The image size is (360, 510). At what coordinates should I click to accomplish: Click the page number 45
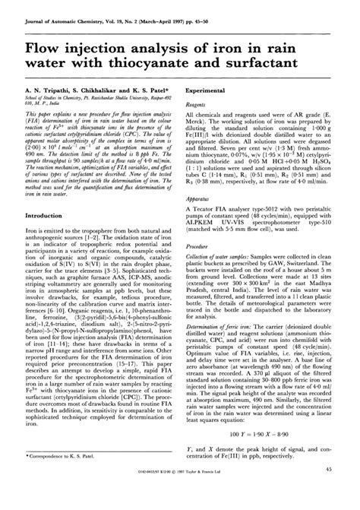[x=329, y=493]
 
